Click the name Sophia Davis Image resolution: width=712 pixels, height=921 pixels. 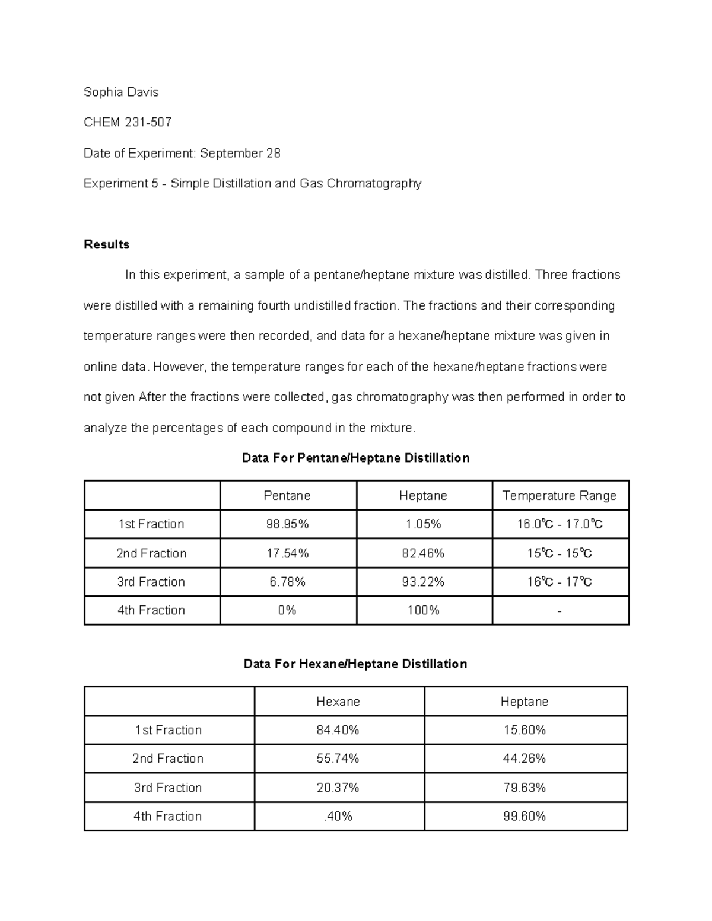coord(121,92)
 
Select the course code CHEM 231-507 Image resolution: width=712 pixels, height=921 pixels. coord(128,122)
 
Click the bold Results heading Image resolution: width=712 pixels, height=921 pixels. coord(107,244)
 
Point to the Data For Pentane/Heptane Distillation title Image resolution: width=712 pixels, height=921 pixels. coord(356,458)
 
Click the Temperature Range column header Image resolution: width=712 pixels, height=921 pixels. coord(560,495)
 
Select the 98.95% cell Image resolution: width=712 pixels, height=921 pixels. coord(288,524)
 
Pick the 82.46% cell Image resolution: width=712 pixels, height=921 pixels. coord(423,553)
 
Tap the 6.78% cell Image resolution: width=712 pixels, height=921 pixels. coord(288,582)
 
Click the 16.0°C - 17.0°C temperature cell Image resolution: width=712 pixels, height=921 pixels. coord(560,524)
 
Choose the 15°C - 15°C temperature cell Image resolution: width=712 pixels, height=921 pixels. coord(560,553)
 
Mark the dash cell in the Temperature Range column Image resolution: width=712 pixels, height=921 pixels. coord(560,610)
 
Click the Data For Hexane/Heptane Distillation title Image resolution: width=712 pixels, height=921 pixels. coord(355,664)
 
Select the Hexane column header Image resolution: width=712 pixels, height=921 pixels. coord(338,702)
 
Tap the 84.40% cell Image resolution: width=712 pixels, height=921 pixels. coord(338,730)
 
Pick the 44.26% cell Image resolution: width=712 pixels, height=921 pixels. coord(525,759)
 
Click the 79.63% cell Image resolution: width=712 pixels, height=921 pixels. coord(525,788)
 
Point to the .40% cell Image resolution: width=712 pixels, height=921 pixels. coord(338,816)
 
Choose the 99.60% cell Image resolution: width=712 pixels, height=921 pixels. coord(525,816)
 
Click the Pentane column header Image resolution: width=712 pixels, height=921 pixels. coord(287,495)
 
